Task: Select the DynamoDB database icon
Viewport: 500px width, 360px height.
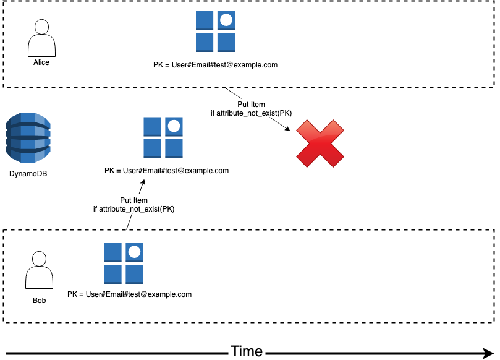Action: tap(28, 139)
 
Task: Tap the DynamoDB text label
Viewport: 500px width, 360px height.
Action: tap(28, 174)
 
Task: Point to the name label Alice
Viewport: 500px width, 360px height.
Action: tap(41, 62)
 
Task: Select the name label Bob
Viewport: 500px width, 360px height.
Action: tap(39, 301)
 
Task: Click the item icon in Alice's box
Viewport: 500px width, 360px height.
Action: tap(215, 32)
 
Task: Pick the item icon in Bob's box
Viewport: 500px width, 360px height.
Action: tap(124, 263)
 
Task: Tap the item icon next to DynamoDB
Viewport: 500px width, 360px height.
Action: tap(163, 137)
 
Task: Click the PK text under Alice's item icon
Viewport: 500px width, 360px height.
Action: tap(215, 64)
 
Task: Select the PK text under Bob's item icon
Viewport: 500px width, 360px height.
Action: tap(129, 294)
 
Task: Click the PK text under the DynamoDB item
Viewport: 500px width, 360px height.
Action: tap(166, 171)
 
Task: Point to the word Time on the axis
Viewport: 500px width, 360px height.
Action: tap(247, 351)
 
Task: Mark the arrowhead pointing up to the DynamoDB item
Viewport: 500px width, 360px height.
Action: tap(144, 183)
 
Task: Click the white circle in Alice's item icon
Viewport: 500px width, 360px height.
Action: tap(226, 20)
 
